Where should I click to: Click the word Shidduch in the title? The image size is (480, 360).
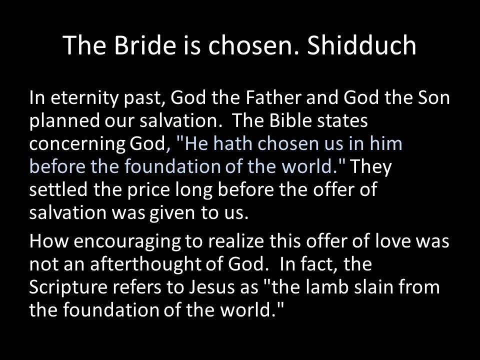361,45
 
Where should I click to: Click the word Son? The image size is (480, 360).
434,97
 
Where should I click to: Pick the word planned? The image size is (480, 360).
64,121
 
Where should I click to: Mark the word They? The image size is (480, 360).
370,167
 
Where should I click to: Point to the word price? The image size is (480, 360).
148,190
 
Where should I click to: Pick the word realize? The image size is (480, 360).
236,240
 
